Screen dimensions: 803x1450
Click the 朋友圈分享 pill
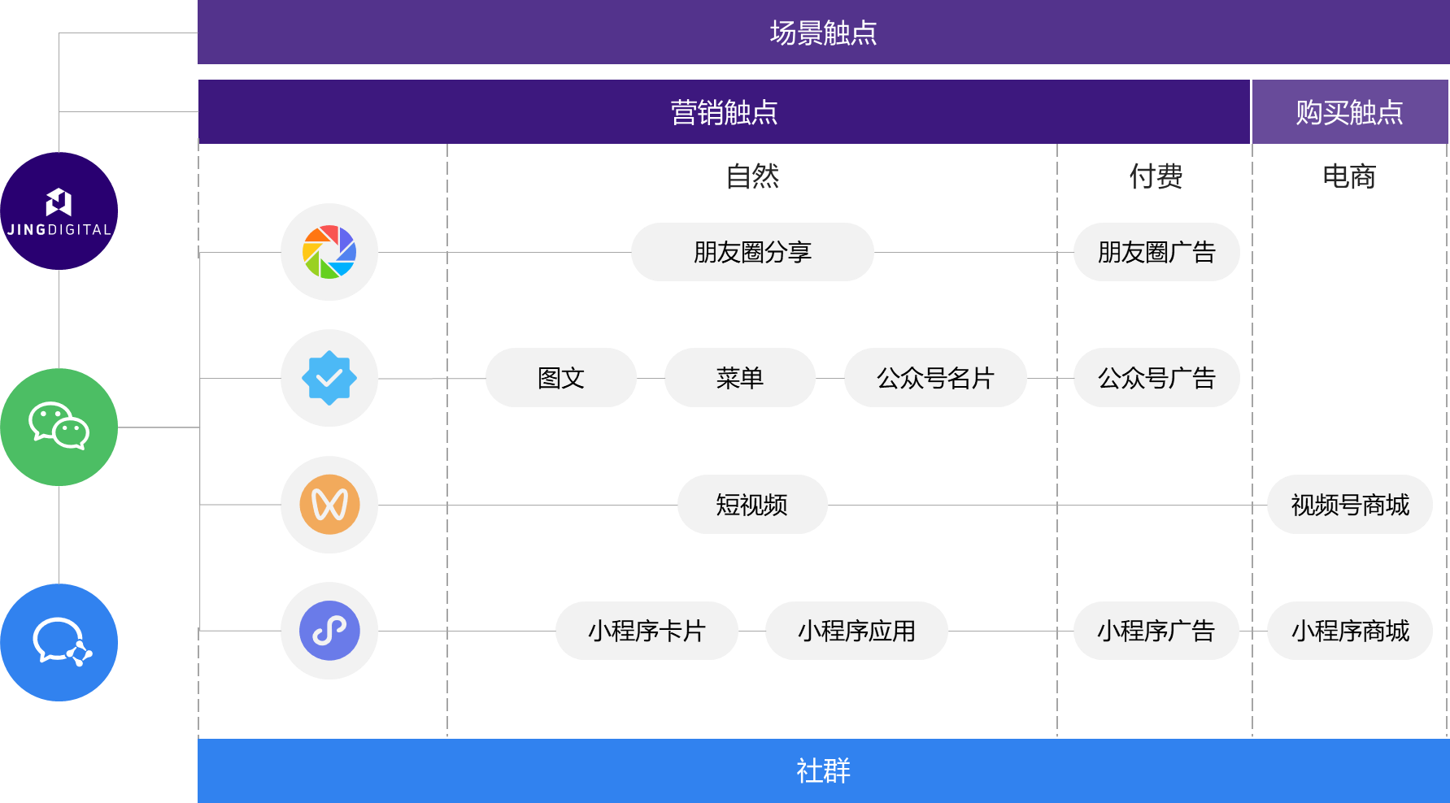click(752, 252)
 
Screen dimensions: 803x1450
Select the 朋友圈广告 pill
click(1156, 252)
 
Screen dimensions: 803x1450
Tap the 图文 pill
click(560, 378)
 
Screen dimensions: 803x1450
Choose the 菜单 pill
click(739, 378)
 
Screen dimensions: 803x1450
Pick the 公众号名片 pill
click(935, 378)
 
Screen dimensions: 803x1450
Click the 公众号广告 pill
click(1156, 378)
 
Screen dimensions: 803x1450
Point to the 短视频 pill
click(751, 505)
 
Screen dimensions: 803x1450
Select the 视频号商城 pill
click(1349, 505)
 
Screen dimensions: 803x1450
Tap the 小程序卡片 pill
click(647, 631)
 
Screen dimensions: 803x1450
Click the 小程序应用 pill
click(856, 631)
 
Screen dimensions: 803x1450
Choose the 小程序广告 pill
click(1156, 631)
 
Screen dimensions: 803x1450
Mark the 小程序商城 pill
click(1349, 631)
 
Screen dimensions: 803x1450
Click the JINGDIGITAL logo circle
click(59, 211)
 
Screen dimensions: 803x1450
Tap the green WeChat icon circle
click(59, 427)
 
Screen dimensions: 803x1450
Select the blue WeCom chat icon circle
click(59, 642)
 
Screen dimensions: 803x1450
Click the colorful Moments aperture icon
click(329, 252)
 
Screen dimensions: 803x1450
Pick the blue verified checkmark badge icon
click(329, 378)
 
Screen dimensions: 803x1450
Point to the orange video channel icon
click(329, 505)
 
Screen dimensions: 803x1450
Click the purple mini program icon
click(329, 631)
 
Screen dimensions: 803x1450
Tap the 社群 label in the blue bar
click(823, 770)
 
